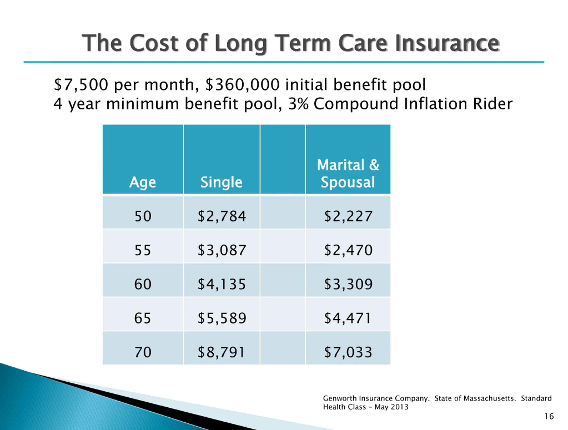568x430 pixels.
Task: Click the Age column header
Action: click(142, 182)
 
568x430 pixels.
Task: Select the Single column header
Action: click(221, 182)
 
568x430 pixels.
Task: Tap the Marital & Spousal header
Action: click(348, 174)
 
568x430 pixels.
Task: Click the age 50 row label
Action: click(143, 216)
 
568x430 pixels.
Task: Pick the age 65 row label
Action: click(143, 318)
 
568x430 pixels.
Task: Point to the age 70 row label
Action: click(143, 352)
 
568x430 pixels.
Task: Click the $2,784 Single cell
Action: click(222, 216)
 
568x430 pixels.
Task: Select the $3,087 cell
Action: click(222, 250)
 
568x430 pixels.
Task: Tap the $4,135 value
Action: click(222, 284)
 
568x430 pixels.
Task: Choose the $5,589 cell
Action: click(222, 318)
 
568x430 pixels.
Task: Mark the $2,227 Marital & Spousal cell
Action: click(348, 216)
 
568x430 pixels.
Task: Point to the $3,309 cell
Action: click(348, 284)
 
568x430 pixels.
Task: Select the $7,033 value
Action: click(348, 352)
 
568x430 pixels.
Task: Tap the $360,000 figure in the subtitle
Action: click(243, 85)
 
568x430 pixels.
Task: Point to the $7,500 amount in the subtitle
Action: click(81, 85)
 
